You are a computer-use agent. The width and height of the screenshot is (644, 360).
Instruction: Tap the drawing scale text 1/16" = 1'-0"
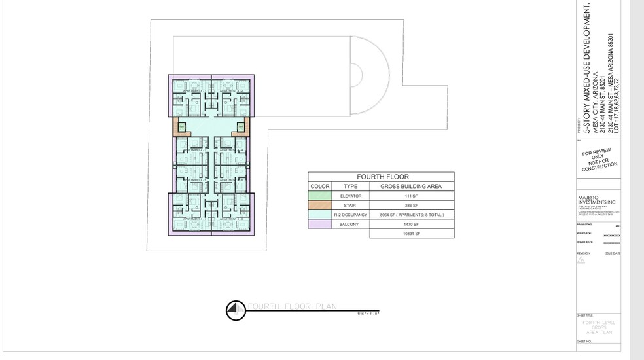click(368, 314)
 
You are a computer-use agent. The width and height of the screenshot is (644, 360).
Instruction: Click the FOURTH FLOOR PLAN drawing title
click(291, 306)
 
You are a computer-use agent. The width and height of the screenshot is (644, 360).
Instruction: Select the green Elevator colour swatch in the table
click(320, 196)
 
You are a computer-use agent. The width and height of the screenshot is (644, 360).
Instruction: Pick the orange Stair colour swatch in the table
click(320, 206)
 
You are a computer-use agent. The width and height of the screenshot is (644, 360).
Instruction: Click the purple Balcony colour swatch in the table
click(320, 224)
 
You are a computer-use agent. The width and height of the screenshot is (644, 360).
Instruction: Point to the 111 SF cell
click(412, 196)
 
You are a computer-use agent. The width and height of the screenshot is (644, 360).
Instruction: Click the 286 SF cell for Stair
click(412, 206)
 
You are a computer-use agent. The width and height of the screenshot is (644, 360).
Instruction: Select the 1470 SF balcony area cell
click(412, 224)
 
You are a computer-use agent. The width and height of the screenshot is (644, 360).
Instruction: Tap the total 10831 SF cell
click(412, 233)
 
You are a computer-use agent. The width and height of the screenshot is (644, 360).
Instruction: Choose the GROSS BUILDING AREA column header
click(412, 187)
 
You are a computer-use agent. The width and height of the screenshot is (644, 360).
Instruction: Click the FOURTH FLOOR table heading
click(382, 177)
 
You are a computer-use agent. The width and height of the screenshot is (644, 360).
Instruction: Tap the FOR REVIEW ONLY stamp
click(599, 159)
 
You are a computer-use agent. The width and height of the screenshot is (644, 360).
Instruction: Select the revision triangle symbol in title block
click(581, 260)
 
